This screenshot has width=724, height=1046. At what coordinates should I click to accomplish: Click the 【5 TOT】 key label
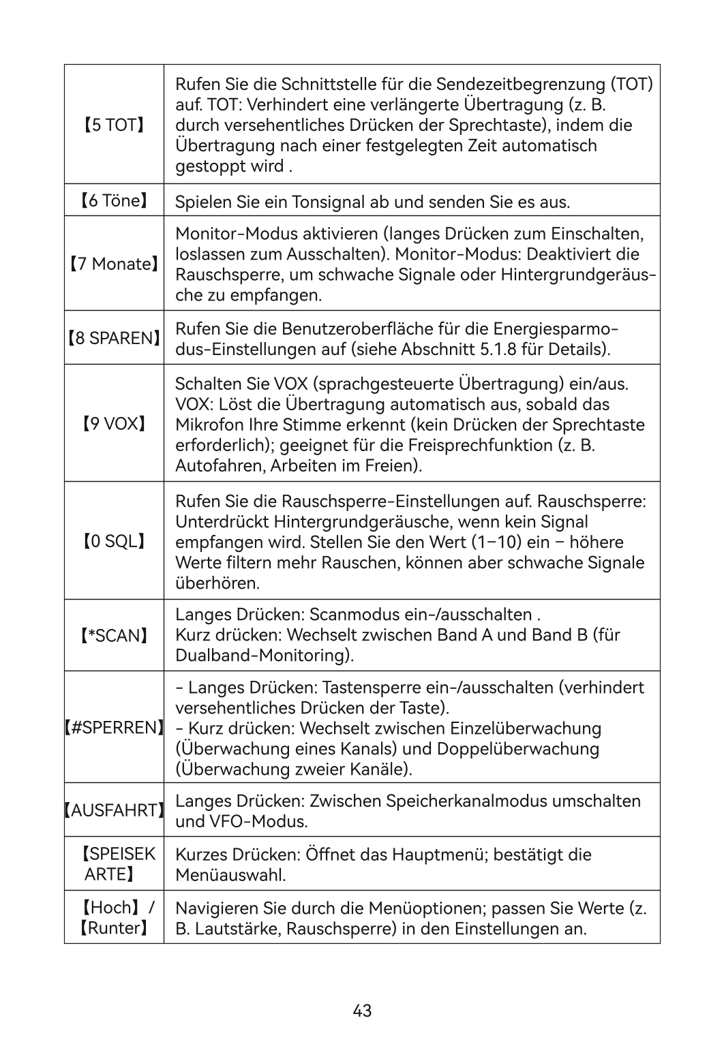(114, 125)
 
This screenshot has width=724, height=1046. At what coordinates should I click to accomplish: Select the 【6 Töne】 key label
(114, 200)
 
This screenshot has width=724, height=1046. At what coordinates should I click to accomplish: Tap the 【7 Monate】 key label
(114, 264)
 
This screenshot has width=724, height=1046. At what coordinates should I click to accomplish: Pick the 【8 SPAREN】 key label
(114, 338)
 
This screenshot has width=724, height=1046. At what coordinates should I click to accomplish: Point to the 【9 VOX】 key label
(114, 424)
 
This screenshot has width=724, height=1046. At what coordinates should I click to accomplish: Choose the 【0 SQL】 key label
(114, 541)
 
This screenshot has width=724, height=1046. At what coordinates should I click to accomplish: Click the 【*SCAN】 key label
(114, 636)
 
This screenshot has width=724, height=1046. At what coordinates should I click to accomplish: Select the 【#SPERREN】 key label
(114, 727)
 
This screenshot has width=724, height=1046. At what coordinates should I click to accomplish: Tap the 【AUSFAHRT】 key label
(114, 810)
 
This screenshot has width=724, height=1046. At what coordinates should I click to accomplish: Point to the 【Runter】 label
(114, 927)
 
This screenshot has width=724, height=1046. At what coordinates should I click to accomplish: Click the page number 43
(362, 1011)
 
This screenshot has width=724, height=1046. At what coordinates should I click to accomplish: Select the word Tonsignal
(329, 202)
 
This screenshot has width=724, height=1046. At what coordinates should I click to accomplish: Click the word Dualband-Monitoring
(263, 656)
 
